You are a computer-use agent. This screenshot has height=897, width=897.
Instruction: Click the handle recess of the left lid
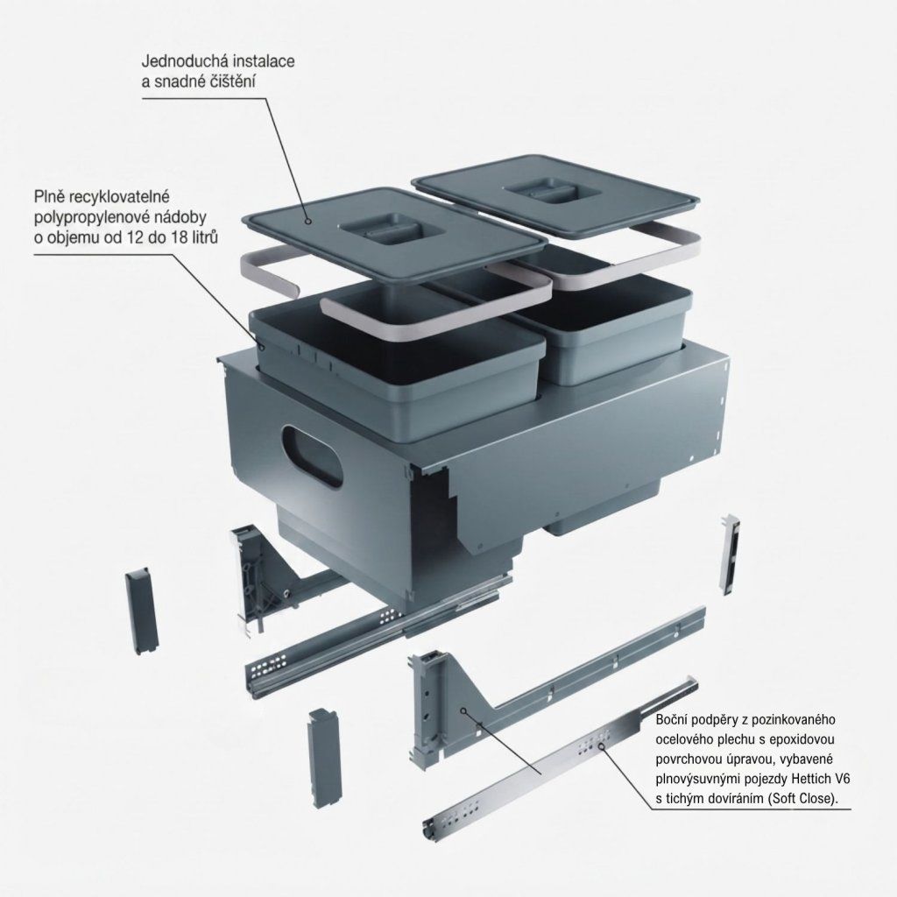pos(392,228)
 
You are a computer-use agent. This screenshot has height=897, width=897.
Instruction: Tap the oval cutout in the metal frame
pos(313,456)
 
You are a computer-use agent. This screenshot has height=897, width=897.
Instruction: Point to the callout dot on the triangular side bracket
pos(463,710)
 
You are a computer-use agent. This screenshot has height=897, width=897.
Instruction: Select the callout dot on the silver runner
pos(601,745)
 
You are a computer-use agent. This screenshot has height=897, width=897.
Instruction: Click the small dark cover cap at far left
pos(142,612)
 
